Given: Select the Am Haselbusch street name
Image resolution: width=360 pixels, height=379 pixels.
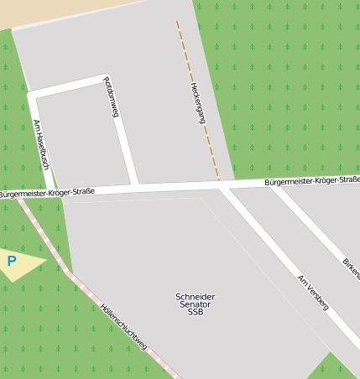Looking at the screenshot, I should [41, 144].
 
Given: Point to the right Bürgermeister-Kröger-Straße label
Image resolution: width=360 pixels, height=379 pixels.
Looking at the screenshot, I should [311, 180].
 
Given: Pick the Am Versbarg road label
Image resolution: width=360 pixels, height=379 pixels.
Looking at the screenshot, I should [312, 292].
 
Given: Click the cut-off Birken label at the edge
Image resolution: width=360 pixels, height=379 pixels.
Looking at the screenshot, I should [351, 268].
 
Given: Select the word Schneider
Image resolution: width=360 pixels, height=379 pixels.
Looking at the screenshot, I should [196, 297].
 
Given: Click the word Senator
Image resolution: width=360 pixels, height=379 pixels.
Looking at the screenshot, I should [196, 304].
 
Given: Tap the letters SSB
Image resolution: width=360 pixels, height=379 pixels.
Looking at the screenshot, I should [196, 312].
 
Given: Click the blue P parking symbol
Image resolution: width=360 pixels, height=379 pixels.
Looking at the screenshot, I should [12, 262].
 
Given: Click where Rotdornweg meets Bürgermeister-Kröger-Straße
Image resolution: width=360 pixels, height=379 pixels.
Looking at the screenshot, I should [136, 187].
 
